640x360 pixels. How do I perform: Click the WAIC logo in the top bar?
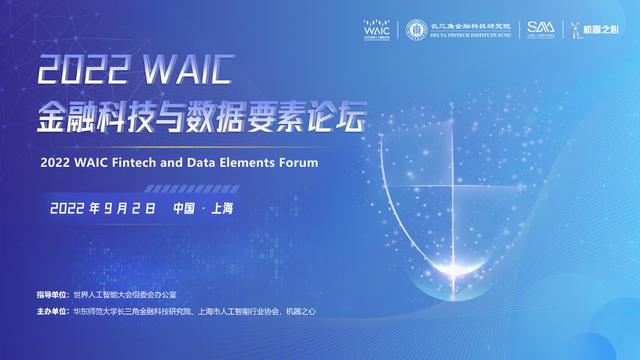(376, 30)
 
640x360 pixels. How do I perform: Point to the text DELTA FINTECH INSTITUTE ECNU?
(472, 36)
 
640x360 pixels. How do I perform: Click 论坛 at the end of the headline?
(336, 119)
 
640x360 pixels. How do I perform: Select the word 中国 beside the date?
(183, 208)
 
